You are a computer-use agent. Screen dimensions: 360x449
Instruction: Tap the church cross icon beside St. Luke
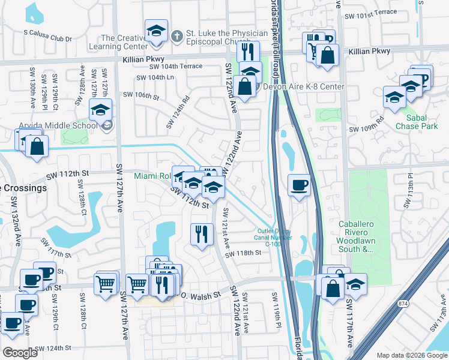point(176,36)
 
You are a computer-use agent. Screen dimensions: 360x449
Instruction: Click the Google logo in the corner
point(20,353)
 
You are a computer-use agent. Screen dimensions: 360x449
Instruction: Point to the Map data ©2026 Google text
point(412,355)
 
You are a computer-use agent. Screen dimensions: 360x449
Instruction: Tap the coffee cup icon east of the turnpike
point(299,185)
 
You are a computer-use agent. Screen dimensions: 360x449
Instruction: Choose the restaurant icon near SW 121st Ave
point(202,234)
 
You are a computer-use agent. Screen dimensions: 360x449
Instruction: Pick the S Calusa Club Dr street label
point(47,38)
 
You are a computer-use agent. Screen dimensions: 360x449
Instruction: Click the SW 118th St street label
point(244,253)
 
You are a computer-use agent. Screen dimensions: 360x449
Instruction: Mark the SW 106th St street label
point(142,95)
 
